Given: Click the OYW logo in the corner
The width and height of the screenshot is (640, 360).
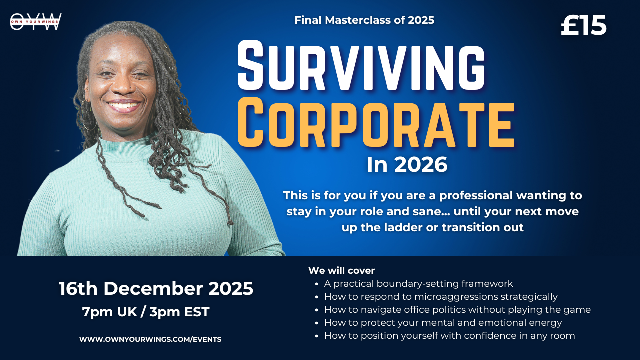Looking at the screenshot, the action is pyautogui.click(x=36, y=21).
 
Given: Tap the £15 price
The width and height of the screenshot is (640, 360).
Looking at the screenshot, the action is pyautogui.click(x=583, y=25).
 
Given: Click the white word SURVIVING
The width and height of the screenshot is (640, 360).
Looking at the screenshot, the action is pyautogui.click(x=361, y=65).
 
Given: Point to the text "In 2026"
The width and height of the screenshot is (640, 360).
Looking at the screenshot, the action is pyautogui.click(x=407, y=165).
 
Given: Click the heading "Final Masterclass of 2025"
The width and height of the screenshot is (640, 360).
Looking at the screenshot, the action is pyautogui.click(x=364, y=20).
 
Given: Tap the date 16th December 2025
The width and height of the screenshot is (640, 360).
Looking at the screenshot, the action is pyautogui.click(x=156, y=288).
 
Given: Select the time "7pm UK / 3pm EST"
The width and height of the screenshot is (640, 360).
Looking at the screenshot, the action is pyautogui.click(x=146, y=311).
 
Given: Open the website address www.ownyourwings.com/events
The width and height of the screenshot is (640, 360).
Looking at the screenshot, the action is pyautogui.click(x=150, y=339).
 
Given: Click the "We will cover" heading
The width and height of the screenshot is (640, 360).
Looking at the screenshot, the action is pyautogui.click(x=341, y=270).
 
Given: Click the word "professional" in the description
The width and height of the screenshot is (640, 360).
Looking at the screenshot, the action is pyautogui.click(x=476, y=195).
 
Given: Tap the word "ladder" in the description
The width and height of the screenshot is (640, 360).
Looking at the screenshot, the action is pyautogui.click(x=402, y=227).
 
